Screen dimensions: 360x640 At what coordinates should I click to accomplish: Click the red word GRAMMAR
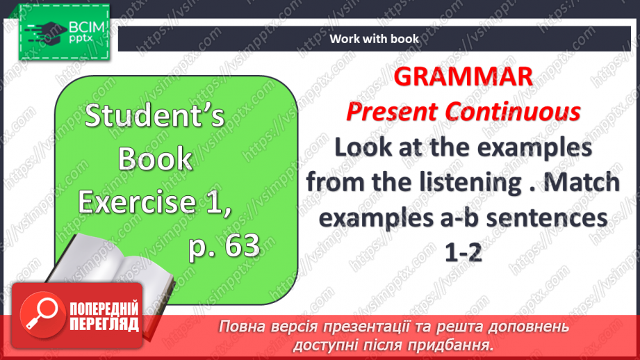tap(463, 77)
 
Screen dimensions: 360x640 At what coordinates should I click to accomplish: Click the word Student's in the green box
tap(154, 116)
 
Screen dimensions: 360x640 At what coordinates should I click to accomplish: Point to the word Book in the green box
tap(154, 160)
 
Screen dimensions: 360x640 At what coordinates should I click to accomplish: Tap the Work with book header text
tap(374, 39)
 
